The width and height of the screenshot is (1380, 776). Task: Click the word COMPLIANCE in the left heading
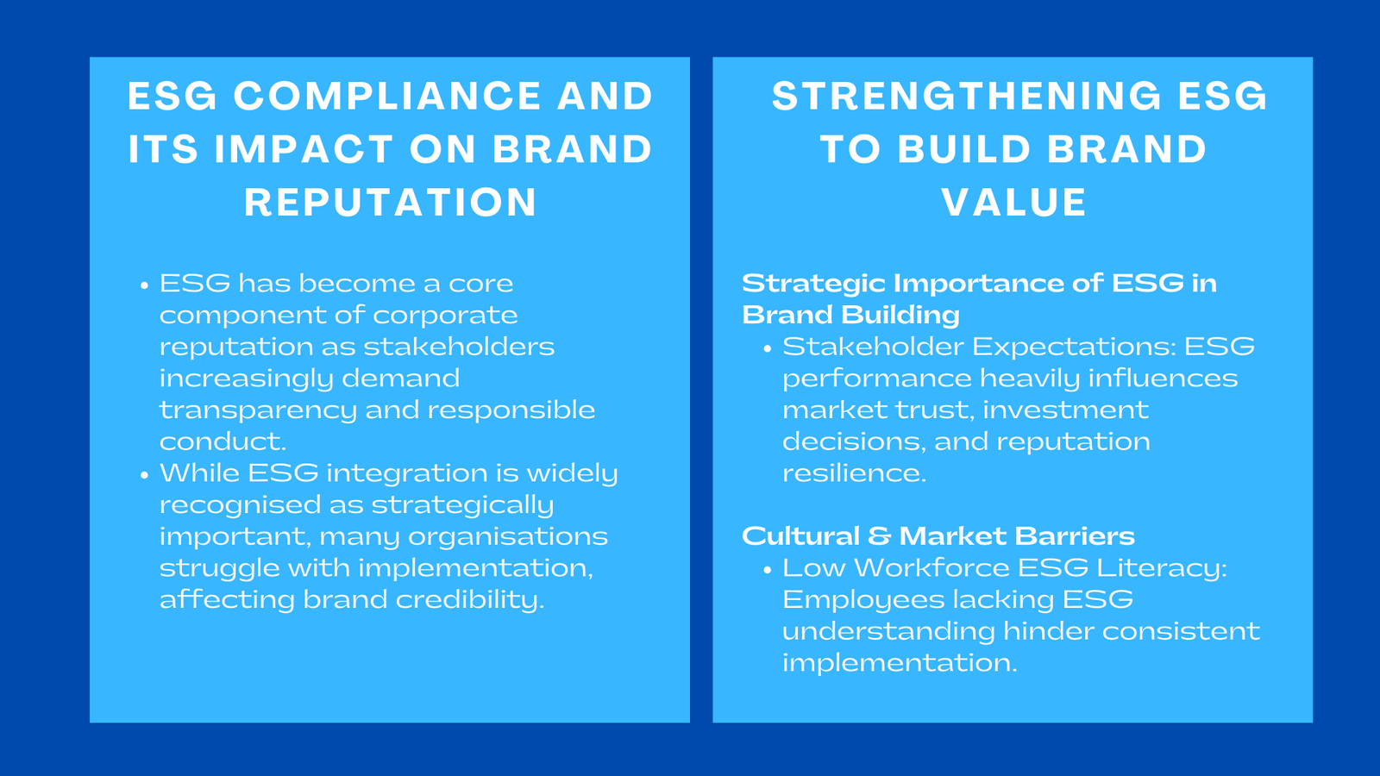click(x=387, y=96)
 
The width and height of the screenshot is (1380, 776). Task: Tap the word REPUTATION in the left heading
click(x=391, y=203)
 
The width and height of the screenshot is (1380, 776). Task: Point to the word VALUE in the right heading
click(x=1013, y=203)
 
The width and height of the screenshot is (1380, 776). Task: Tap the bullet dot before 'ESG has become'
click(x=145, y=285)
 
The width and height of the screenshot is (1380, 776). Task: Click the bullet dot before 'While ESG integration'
click(x=145, y=475)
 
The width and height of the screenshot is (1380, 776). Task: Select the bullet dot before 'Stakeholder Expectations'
click(x=768, y=349)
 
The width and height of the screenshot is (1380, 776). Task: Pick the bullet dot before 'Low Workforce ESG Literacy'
click(x=768, y=570)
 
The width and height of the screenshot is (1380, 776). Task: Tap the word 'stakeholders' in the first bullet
click(x=459, y=347)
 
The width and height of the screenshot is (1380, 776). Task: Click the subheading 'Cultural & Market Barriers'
click(x=938, y=536)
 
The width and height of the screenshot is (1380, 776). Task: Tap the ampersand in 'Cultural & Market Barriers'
click(x=879, y=536)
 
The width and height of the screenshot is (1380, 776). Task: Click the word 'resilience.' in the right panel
click(x=854, y=473)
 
